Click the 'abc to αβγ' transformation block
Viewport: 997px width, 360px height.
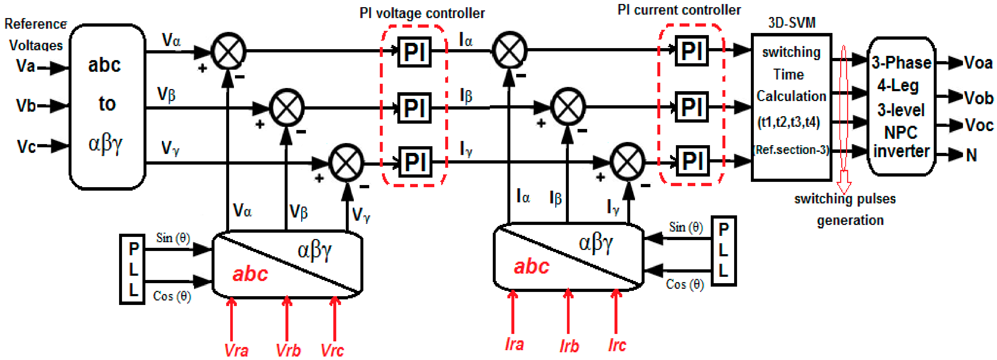tap(107, 106)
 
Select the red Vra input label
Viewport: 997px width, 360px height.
tap(236, 350)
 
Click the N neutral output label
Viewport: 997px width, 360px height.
tap(971, 155)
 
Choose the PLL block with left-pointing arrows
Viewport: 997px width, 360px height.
tap(723, 251)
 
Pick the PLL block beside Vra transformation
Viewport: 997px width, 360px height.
tap(132, 269)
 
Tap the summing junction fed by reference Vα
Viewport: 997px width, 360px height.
tap(228, 51)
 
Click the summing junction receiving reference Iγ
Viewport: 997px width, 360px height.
tap(627, 161)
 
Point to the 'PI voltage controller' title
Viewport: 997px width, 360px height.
tap(422, 14)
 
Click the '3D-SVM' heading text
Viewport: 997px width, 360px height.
tap(792, 22)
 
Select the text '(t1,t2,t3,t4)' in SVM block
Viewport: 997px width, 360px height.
tap(788, 122)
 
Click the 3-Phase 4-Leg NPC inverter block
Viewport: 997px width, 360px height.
tap(901, 106)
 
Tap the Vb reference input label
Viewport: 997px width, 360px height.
tap(26, 105)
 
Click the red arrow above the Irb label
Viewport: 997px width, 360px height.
tap(568, 312)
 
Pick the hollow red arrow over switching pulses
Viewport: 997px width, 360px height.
tap(844, 120)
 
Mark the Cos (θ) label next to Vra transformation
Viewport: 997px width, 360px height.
tap(172, 296)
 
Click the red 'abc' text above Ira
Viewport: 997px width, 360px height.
tap(531, 266)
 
